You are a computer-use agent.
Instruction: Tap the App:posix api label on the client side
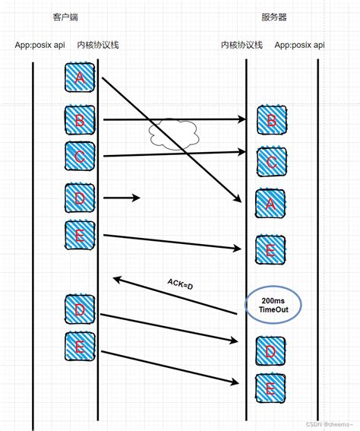click(x=39, y=45)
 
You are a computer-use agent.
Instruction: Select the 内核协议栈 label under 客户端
click(x=98, y=45)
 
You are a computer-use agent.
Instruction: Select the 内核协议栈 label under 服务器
click(x=242, y=45)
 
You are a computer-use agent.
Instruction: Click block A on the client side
click(x=81, y=78)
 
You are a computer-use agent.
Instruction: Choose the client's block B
click(x=81, y=120)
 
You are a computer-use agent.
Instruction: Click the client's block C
click(x=81, y=156)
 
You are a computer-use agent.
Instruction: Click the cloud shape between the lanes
click(x=173, y=134)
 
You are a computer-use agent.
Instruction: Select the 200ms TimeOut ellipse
click(x=272, y=306)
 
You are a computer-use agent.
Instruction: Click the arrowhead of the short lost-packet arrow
click(x=137, y=198)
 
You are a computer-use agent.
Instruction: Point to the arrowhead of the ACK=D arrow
click(x=115, y=279)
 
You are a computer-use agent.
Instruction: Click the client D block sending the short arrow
click(x=81, y=198)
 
